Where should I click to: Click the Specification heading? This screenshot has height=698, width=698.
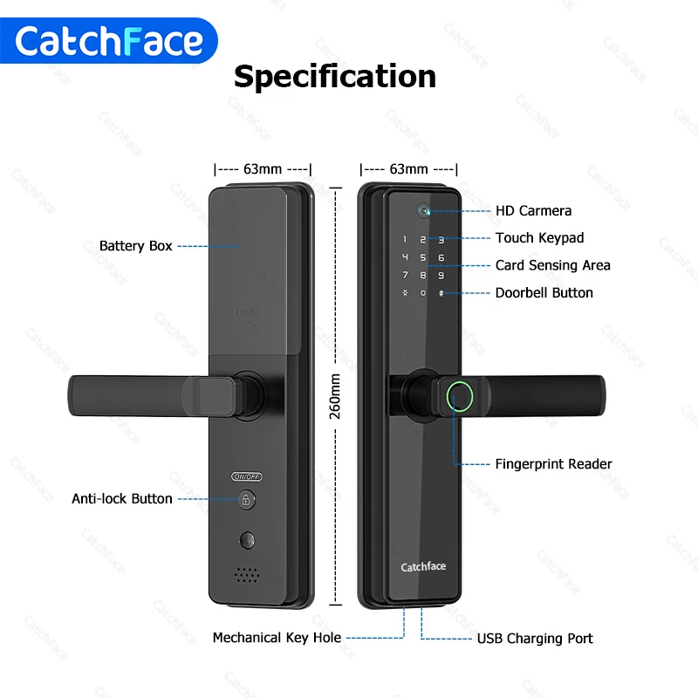(x=335, y=77)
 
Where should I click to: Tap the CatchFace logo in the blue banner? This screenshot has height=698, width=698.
(x=109, y=41)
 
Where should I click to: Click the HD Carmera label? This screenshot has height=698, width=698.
(x=533, y=210)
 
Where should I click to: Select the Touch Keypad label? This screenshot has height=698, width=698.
(x=539, y=237)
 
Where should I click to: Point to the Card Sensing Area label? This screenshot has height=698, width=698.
(x=552, y=265)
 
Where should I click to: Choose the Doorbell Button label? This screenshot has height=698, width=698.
(x=544, y=292)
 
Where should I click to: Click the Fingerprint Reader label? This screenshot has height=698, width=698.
(x=553, y=464)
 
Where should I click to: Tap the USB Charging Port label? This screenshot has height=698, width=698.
(x=534, y=639)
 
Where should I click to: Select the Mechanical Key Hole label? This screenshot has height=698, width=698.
(x=277, y=638)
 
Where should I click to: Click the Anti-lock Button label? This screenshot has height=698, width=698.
(x=122, y=499)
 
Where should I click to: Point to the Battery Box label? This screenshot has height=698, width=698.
(x=135, y=246)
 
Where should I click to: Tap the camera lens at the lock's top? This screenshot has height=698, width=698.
(x=423, y=210)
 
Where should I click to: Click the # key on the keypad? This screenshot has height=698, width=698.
(x=441, y=293)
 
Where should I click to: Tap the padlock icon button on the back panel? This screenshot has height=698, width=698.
(x=247, y=500)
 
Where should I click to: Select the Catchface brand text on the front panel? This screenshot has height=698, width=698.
(x=423, y=567)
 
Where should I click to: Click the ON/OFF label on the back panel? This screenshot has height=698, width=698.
(x=247, y=476)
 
